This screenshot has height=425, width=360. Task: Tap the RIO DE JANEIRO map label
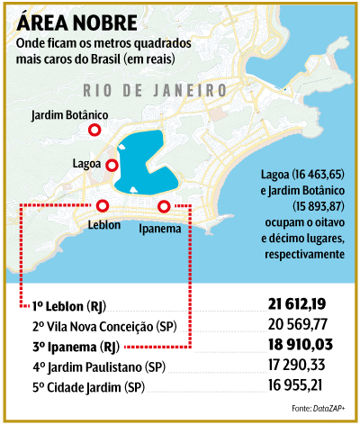pyautogui.click(x=153, y=91)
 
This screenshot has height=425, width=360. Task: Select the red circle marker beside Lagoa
pyautogui.click(x=112, y=165)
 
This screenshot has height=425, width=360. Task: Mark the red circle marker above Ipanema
pyautogui.click(x=164, y=206)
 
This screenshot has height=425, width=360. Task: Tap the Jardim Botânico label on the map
pyautogui.click(x=69, y=115)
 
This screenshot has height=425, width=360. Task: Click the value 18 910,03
pyautogui.click(x=303, y=346)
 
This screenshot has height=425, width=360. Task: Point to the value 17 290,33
pyautogui.click(x=303, y=366)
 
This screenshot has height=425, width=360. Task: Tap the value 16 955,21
pyautogui.click(x=303, y=387)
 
